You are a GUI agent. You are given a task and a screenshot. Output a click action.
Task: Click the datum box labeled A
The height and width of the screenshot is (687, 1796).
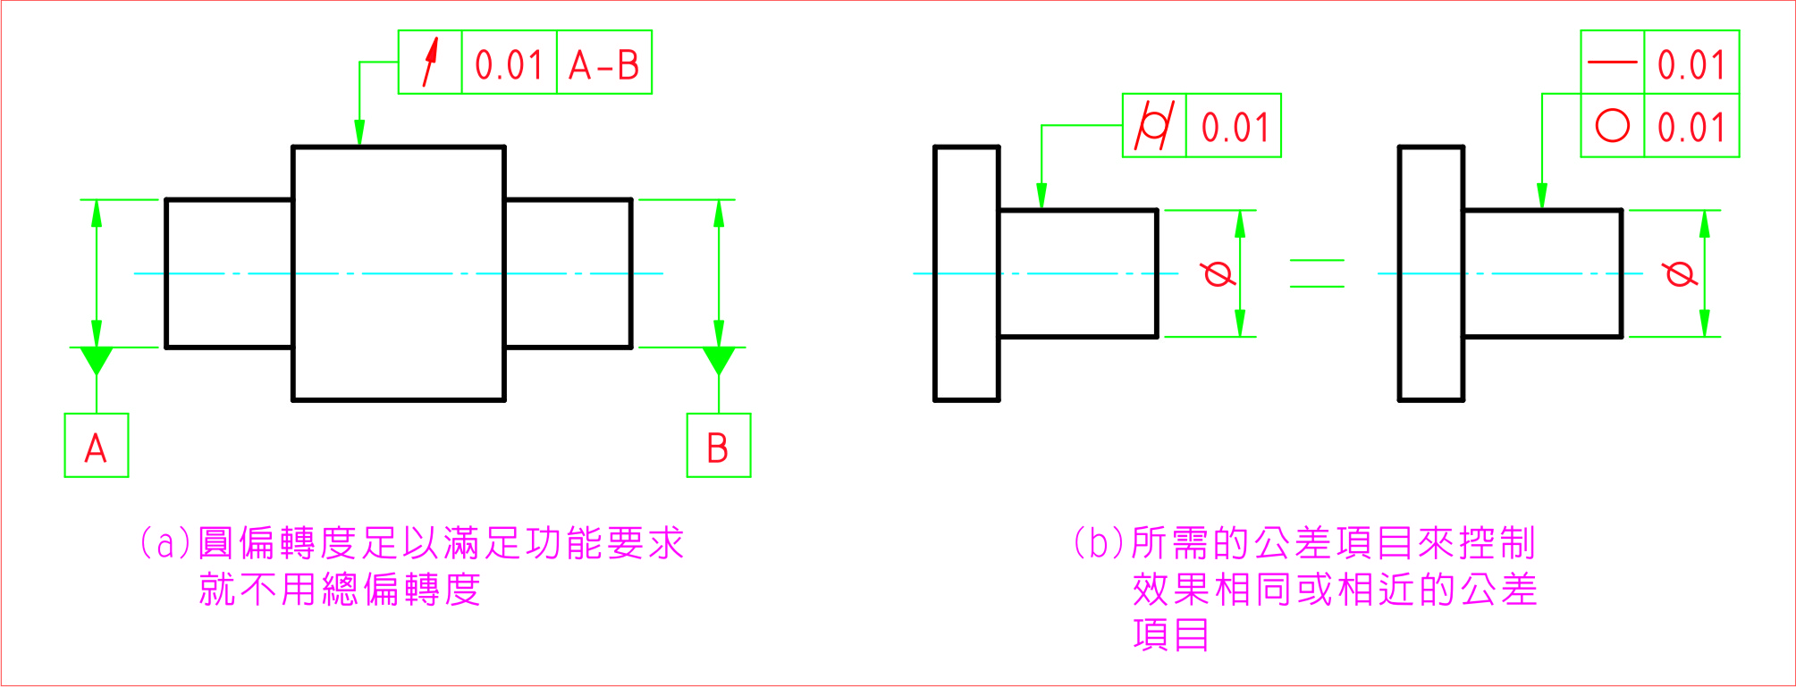point(97,446)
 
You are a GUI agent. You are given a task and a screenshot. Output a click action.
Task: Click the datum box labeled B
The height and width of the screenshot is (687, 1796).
point(718,446)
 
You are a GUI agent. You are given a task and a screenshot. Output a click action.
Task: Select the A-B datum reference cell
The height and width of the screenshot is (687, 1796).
point(604,63)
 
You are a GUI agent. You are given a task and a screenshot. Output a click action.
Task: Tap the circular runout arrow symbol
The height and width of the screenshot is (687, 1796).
point(430,62)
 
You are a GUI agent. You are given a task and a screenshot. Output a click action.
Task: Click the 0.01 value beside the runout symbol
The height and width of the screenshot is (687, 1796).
point(509,63)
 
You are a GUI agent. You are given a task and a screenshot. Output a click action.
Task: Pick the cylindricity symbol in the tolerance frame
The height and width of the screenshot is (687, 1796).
point(1154,126)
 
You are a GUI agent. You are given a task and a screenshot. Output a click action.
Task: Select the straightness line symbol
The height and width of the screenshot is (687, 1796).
point(1612,62)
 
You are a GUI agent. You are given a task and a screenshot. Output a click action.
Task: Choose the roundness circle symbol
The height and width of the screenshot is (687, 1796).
point(1612,126)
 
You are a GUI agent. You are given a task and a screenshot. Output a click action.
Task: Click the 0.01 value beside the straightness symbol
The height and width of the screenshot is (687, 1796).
point(1691,63)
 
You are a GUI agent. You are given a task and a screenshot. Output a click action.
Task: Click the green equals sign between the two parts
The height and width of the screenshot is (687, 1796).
point(1317,273)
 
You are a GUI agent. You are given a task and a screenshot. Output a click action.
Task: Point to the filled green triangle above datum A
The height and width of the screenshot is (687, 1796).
point(97,359)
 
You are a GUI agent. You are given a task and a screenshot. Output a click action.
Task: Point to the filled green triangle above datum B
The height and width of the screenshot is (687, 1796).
point(719,359)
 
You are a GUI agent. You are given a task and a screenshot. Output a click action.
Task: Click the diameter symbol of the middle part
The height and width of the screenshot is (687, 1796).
point(1219,272)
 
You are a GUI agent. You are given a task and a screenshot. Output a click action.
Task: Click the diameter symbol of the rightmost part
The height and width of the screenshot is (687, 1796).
point(1681,272)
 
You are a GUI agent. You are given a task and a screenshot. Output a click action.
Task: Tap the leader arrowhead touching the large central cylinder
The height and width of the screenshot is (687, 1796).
point(359,133)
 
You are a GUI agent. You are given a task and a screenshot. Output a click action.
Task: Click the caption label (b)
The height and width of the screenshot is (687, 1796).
point(1099,543)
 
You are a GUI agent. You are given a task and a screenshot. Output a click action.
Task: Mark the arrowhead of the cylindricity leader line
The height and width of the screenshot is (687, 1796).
point(1041,197)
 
